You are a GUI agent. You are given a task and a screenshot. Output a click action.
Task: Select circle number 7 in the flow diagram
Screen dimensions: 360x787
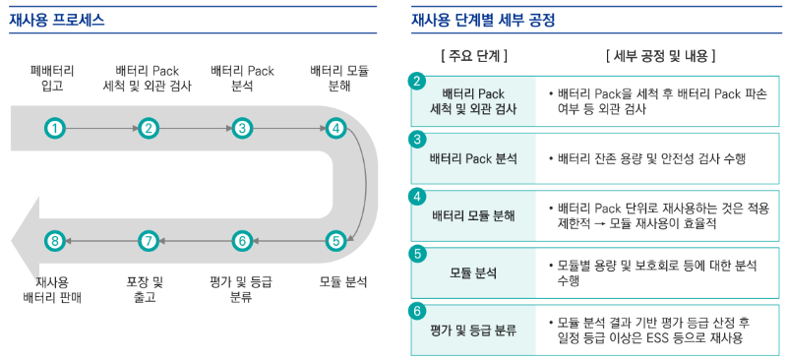coord(148,240)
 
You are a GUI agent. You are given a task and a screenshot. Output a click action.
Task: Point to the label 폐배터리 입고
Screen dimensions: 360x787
coord(53,79)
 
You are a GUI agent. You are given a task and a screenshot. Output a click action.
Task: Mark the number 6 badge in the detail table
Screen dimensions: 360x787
coord(418,311)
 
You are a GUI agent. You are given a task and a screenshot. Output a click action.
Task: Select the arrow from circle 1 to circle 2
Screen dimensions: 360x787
coord(101,128)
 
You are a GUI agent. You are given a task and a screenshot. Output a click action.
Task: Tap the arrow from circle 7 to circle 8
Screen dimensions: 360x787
coord(101,240)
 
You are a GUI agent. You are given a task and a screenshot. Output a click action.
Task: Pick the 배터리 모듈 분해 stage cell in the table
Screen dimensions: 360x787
coord(473,215)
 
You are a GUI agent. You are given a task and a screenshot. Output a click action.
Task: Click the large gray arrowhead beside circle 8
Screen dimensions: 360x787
coord(24,240)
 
